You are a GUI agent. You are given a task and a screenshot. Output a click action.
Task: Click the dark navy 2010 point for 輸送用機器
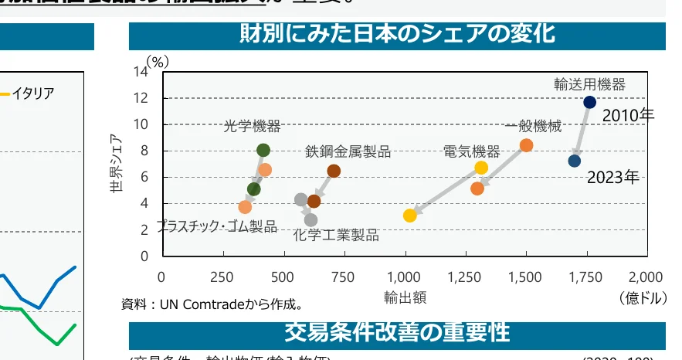[x=589, y=102]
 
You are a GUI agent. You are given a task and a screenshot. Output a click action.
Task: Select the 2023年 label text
[x=612, y=178]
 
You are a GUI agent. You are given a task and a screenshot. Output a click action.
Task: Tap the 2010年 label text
[x=628, y=116]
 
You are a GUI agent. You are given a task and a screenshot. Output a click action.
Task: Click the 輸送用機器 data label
[x=589, y=84]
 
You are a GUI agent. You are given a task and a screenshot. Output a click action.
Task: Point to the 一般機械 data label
[x=533, y=127]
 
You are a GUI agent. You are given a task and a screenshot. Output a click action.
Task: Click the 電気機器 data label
[x=471, y=150]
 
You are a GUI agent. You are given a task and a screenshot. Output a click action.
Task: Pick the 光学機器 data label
[x=252, y=126]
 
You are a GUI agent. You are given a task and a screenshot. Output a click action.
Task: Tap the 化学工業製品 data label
[x=336, y=236]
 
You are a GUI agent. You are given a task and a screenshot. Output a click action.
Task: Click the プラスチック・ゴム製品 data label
[x=216, y=226]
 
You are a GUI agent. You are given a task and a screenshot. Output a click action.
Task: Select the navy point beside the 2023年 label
[x=574, y=161]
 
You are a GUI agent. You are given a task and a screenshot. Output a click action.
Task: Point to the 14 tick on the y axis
[x=141, y=72]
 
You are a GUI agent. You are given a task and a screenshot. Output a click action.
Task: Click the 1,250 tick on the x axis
[x=465, y=277]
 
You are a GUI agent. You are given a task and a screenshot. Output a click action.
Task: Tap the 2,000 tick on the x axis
[x=646, y=277]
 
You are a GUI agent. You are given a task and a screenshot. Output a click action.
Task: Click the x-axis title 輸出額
[x=405, y=296]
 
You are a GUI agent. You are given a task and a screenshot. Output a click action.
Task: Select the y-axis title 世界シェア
[x=117, y=165]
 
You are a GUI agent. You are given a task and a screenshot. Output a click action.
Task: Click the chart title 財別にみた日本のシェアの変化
[x=397, y=35]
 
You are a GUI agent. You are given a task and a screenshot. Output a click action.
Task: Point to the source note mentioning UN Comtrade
[x=212, y=304]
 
